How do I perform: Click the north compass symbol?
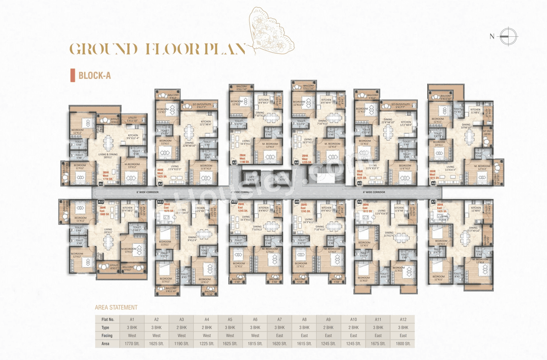tap(508, 36)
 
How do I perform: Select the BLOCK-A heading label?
tap(94, 76)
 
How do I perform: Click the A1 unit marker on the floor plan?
tap(101, 183)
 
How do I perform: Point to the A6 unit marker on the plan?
tap(433, 183)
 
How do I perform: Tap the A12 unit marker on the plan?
tap(101, 201)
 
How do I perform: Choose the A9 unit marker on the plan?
tap(297, 201)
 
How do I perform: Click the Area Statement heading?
tap(116, 307)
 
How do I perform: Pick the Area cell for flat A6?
tap(255, 344)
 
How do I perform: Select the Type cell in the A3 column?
tap(181, 328)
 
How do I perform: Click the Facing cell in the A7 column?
tap(279, 336)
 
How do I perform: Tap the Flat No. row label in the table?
tap(107, 319)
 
